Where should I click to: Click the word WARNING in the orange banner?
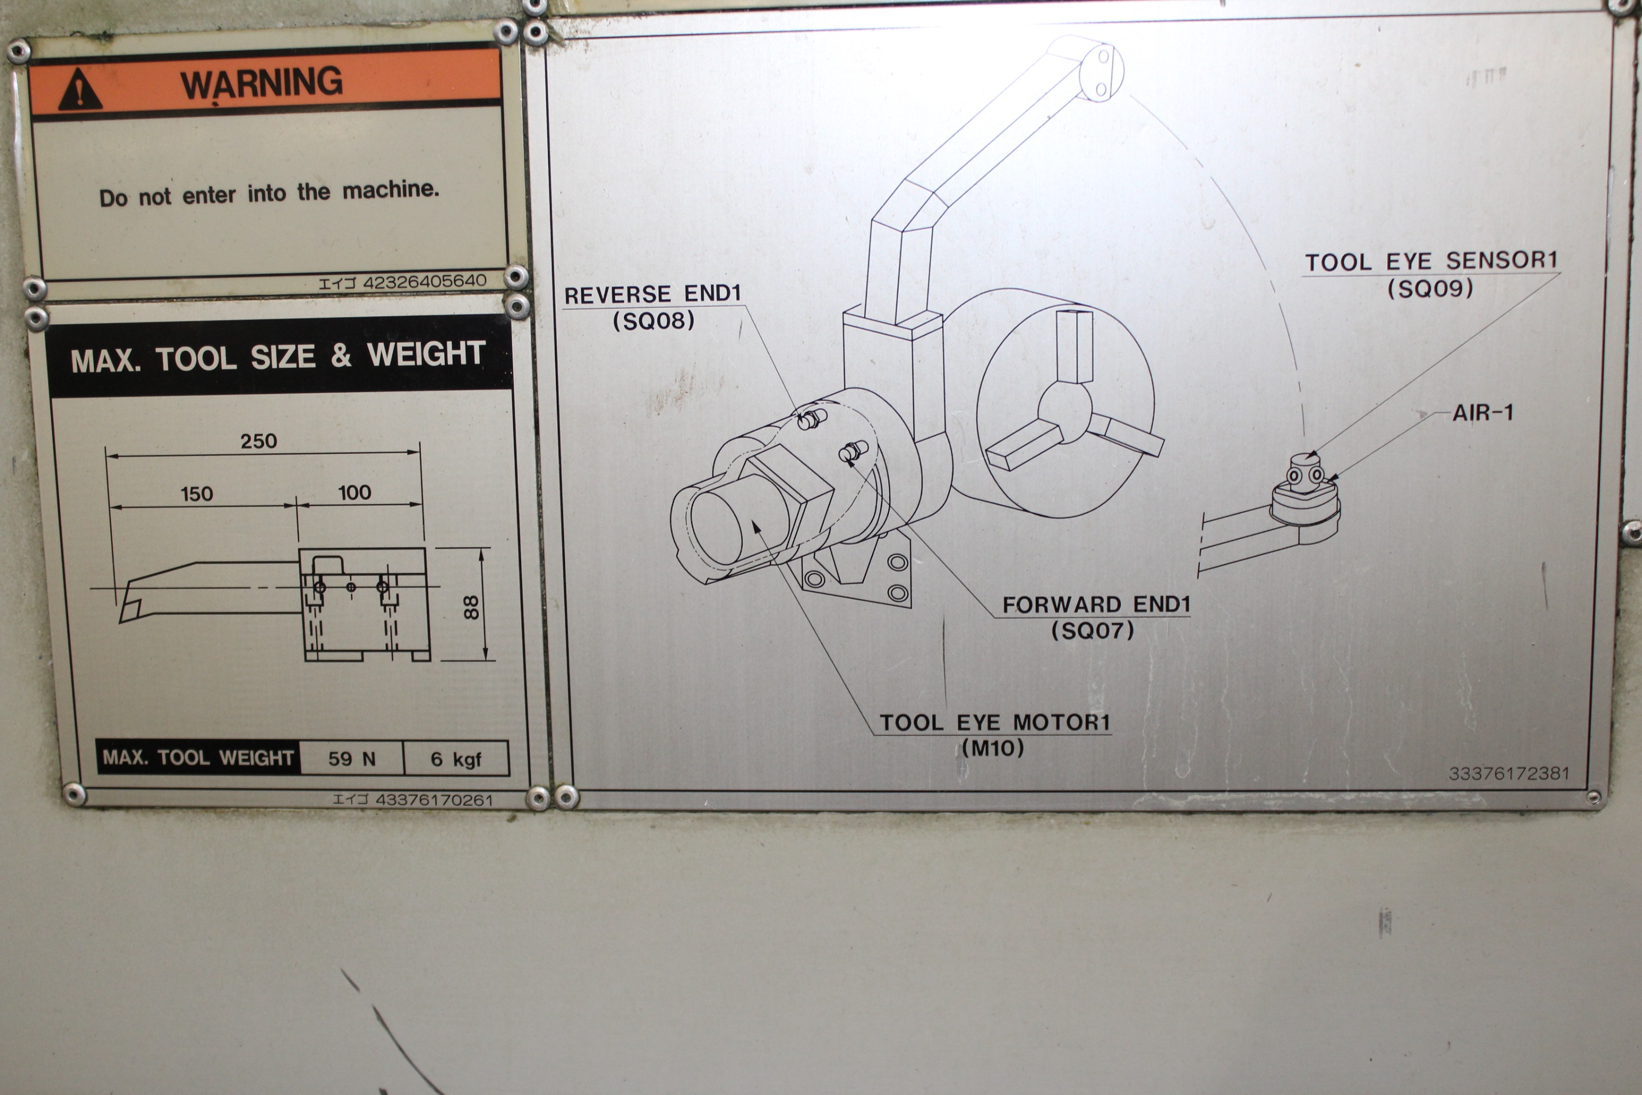pos(262,83)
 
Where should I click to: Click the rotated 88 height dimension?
pos(472,606)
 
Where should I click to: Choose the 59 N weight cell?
pos(352,759)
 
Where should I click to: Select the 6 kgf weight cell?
pos(456,759)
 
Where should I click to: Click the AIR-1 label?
pos(1483,413)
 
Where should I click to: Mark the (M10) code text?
pos(993,749)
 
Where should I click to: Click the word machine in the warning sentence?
pos(390,189)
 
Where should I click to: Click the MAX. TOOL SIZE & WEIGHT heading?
pos(278,356)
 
